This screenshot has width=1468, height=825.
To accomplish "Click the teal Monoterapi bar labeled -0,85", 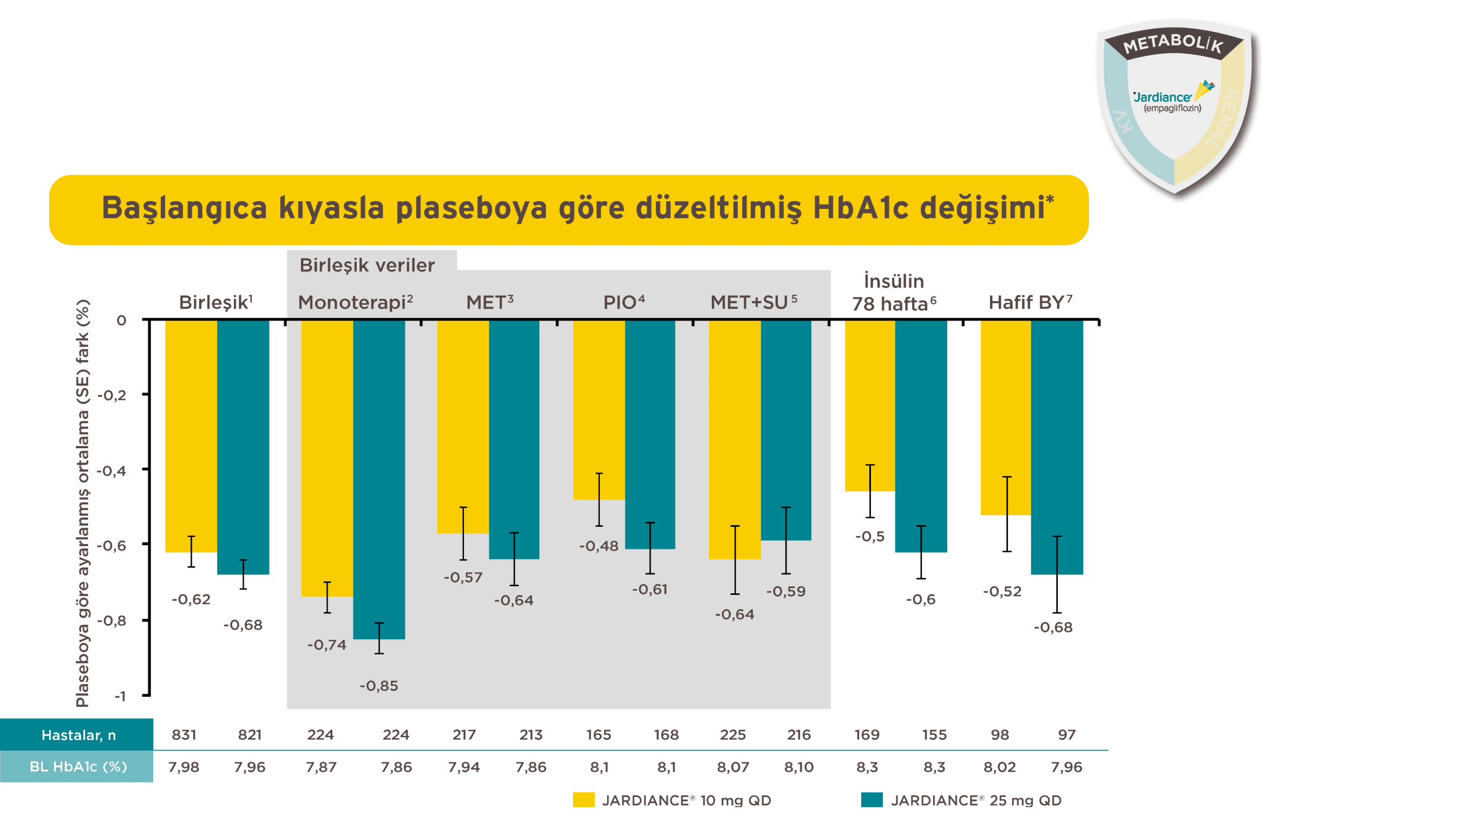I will tap(379, 479).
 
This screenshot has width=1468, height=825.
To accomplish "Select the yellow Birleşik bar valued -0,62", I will tap(191, 436).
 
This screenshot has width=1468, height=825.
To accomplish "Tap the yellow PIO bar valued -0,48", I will tap(598, 410).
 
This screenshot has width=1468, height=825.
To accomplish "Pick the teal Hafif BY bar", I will tap(1057, 447).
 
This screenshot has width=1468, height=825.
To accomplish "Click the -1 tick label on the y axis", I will tap(120, 696).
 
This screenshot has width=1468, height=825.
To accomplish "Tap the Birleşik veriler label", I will tap(367, 265).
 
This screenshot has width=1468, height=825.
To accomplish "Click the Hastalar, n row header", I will tap(78, 735).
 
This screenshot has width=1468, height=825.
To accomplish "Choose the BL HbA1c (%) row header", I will tap(78, 767).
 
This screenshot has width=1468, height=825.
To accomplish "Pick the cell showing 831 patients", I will tap(184, 735).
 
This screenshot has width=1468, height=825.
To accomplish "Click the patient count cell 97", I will tap(1066, 735).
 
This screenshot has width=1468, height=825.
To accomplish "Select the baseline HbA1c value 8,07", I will tap(733, 767).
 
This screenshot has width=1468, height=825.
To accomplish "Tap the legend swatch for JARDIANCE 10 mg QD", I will tap(584, 800).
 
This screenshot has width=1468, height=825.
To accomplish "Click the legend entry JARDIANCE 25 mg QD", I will tap(975, 801).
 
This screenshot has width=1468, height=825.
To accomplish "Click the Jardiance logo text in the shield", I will tap(1163, 97).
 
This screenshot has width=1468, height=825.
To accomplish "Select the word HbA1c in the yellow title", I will tap(860, 207).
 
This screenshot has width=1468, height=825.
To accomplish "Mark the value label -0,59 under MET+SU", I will tap(786, 591).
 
